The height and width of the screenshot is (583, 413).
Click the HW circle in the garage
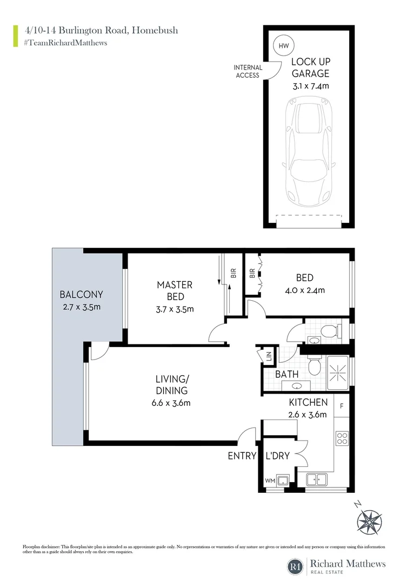(x=283, y=46)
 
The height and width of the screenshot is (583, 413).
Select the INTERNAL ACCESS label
(x=248, y=71)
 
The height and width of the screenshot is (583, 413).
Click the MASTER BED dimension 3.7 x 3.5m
(x=175, y=309)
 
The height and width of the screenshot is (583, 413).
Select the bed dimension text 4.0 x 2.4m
(x=304, y=290)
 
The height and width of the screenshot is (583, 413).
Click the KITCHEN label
(x=308, y=402)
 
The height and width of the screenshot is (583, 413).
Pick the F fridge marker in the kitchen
(x=341, y=405)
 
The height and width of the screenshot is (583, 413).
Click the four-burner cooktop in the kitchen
(x=342, y=438)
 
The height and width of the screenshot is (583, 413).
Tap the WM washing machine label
(x=270, y=480)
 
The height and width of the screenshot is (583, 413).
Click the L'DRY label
(x=278, y=456)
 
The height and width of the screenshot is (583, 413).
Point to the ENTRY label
(x=242, y=456)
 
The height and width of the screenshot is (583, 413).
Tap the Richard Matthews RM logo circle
(x=296, y=567)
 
